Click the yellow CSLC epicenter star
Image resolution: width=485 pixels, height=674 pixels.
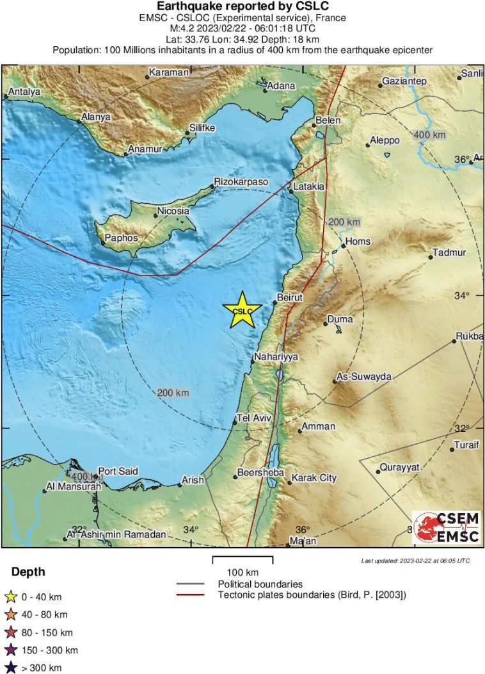tap(242, 310)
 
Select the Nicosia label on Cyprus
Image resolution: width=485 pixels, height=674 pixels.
tap(173, 211)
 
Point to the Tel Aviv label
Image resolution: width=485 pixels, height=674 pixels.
tap(254, 418)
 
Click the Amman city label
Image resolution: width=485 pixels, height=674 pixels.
tap(318, 426)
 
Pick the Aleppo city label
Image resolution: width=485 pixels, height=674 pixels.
tap(385, 140)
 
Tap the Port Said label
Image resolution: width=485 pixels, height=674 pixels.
tap(118, 471)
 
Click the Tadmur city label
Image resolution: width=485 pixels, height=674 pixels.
tap(449, 252)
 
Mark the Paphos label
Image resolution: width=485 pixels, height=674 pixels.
tap(122, 238)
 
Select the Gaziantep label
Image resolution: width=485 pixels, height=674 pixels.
tap(404, 81)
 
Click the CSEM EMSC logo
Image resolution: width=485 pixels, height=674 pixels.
tap(446, 527)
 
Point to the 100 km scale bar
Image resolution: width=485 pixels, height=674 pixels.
tap(242, 559)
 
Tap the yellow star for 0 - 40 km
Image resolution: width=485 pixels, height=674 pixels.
tap(10, 597)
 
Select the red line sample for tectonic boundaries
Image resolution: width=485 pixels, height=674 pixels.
tap(190, 595)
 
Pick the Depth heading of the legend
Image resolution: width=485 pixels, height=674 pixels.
tap(28, 572)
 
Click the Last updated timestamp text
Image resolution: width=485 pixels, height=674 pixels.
tap(415, 561)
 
